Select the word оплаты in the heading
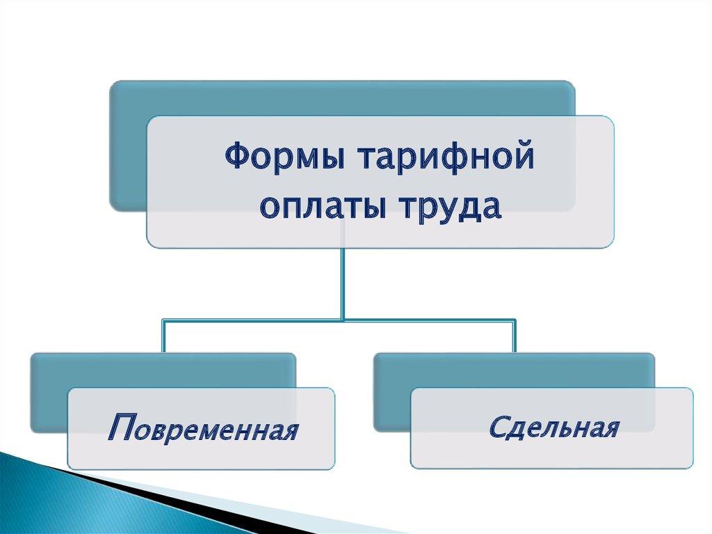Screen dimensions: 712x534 (321, 207)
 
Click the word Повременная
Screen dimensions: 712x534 (204, 427)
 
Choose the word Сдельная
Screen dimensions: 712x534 (554, 427)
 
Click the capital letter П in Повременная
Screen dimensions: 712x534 (121, 427)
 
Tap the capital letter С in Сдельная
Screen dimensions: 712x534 (499, 426)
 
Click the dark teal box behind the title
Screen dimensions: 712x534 (128, 146)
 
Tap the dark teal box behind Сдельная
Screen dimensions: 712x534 (391, 391)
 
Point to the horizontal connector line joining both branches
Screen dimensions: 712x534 (339, 321)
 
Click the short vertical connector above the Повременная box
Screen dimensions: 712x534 (163, 336)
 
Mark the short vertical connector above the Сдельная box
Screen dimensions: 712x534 (515, 336)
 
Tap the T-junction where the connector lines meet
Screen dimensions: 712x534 (343, 321)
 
